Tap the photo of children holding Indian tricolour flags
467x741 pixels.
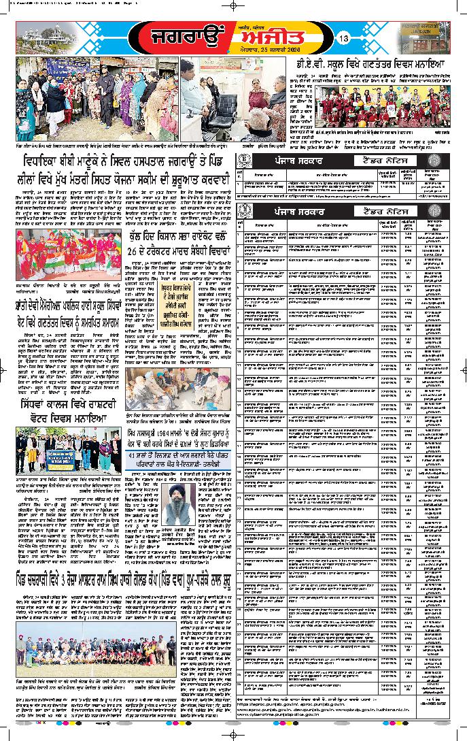[64, 248]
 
